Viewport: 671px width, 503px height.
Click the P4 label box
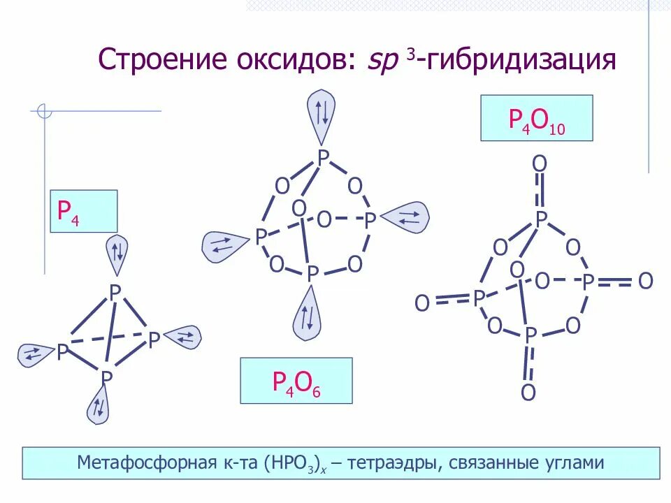coord(82,211)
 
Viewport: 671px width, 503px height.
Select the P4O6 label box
coord(296,381)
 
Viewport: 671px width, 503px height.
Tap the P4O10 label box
coord(536,118)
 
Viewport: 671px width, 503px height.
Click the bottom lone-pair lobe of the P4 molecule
coord(99,405)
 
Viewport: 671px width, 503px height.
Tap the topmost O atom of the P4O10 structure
coord(540,164)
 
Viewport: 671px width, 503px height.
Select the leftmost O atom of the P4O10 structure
coord(422,303)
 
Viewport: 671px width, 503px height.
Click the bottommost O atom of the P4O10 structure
coord(528,393)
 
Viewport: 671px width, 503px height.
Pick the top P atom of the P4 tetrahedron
coord(115,292)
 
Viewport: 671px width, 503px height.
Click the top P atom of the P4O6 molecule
coord(322,157)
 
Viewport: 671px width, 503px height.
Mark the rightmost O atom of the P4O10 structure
coord(645,282)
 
